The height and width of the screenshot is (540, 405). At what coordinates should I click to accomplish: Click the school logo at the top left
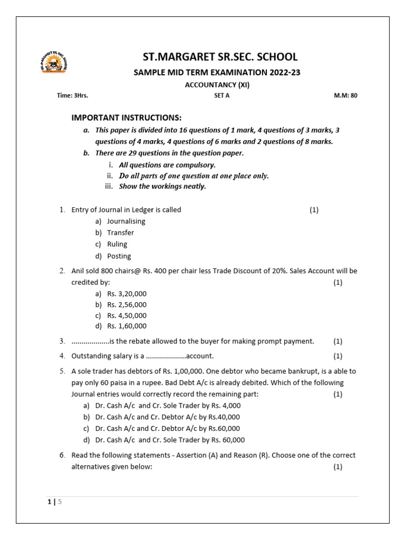pyautogui.click(x=54, y=63)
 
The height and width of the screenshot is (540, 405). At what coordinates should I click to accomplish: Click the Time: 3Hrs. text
pyautogui.click(x=72, y=96)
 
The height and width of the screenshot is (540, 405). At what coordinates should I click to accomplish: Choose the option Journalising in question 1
pyautogui.click(x=126, y=221)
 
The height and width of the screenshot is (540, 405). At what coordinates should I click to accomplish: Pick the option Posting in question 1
pyautogui.click(x=119, y=256)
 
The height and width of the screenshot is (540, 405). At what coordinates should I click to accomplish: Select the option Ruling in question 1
pyautogui.click(x=117, y=245)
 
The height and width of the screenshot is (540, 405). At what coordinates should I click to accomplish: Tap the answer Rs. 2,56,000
pyautogui.click(x=127, y=305)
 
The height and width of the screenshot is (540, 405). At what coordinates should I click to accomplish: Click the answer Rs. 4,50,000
pyautogui.click(x=127, y=316)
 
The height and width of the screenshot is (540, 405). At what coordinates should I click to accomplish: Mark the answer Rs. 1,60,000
pyautogui.click(x=127, y=326)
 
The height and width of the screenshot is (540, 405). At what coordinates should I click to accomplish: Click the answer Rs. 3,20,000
pyautogui.click(x=127, y=294)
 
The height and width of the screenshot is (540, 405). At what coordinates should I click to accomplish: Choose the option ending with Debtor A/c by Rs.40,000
pyautogui.click(x=167, y=417)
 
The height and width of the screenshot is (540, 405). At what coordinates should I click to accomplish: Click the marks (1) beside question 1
pyautogui.click(x=314, y=210)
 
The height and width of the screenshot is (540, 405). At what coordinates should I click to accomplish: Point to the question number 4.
pyautogui.click(x=62, y=356)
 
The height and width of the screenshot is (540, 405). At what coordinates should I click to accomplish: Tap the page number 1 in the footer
pyautogui.click(x=50, y=502)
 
